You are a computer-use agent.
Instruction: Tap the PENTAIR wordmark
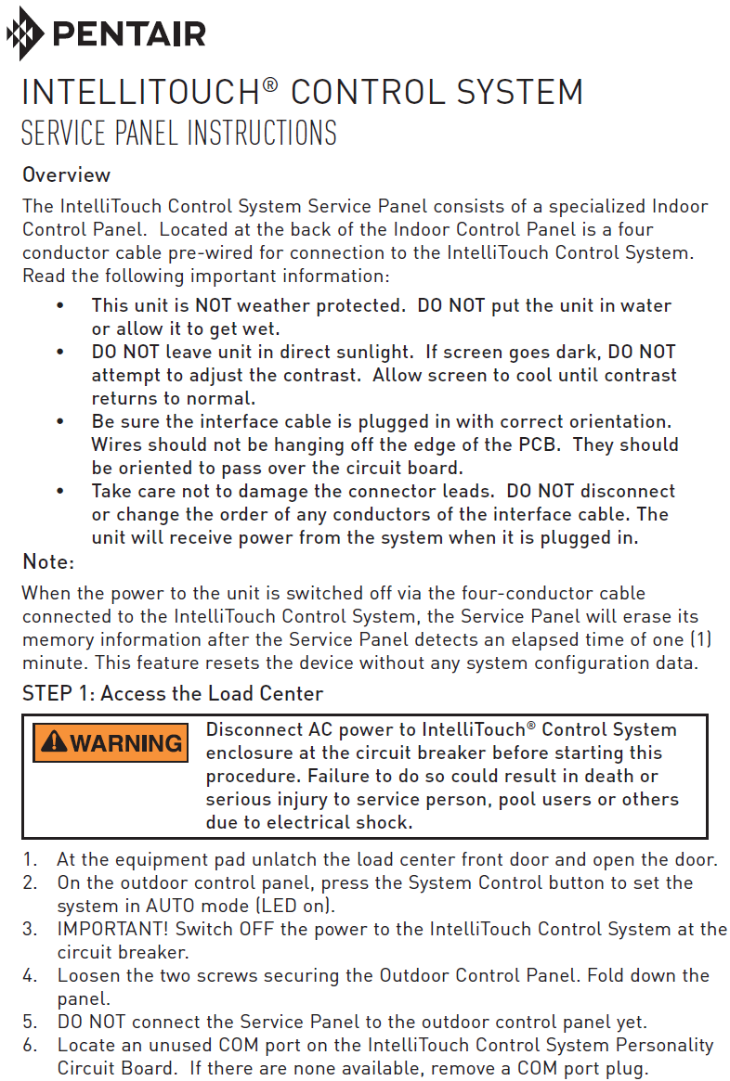[130, 34]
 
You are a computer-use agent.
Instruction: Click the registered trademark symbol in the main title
[269, 85]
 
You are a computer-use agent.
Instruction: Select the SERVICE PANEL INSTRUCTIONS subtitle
[178, 134]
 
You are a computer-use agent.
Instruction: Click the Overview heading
[66, 174]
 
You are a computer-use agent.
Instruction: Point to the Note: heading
[47, 561]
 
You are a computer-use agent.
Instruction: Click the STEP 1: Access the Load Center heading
[172, 693]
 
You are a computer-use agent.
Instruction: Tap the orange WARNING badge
[111, 742]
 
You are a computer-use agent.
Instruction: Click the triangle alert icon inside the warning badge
[54, 742]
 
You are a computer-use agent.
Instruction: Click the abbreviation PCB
[540, 444]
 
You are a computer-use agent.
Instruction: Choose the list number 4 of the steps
[30, 975]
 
